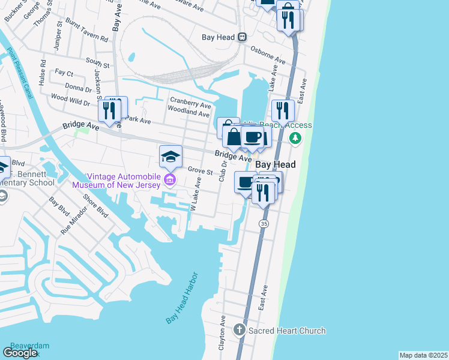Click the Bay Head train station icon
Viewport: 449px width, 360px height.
pos(242,37)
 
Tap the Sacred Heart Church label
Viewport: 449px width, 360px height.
pos(287,331)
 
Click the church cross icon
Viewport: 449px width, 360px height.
pos(240,330)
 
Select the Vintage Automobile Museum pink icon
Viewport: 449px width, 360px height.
pos(170,180)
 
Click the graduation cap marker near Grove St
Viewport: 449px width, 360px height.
pos(170,157)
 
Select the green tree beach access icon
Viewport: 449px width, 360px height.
pos(295,138)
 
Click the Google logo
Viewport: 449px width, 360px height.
pos(20,353)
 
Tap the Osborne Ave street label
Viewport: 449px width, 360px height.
pos(268,55)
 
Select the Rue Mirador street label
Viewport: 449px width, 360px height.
pos(70,221)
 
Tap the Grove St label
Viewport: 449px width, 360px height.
pos(200,171)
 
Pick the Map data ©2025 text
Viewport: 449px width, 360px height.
pos(423,355)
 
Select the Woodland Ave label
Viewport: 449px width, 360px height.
pos(188,112)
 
